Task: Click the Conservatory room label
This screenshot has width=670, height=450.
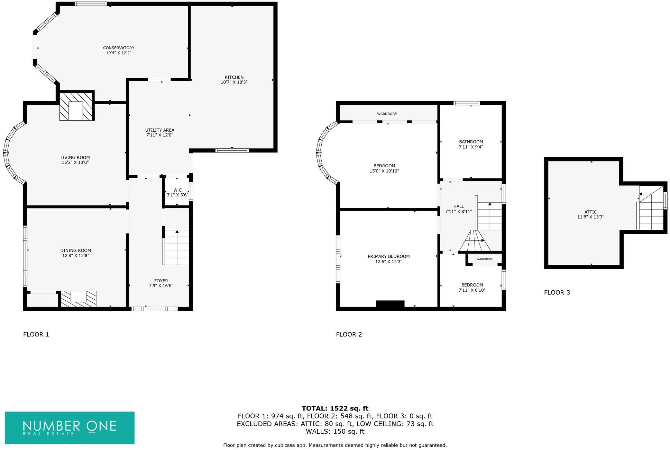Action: coord(118,48)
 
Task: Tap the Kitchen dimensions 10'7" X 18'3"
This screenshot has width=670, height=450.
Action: coord(234,82)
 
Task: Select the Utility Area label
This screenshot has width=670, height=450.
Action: coord(159,130)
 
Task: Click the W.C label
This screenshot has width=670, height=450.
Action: coord(177,190)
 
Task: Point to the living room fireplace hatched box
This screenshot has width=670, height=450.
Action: coord(76,106)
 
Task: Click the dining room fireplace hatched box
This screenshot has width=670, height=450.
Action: coord(79,299)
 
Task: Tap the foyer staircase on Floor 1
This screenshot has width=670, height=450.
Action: coord(176,247)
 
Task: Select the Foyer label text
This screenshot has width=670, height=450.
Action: coord(161,281)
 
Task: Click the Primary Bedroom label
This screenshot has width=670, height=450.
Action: coord(388,256)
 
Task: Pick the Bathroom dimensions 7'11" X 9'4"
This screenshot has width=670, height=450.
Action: coord(471,147)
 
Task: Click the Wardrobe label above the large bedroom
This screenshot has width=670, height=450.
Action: coord(387,114)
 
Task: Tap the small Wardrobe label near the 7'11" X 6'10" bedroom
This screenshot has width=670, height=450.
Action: coord(484,259)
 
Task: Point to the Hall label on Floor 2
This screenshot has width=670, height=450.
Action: coord(458,206)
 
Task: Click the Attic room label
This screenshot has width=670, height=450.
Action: coord(590,212)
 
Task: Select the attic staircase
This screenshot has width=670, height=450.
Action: coord(651,211)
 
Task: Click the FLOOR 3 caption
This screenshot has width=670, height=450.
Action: coord(557,292)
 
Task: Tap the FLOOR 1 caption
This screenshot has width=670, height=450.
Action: coord(36,334)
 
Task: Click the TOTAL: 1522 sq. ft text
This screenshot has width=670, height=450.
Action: coord(335,408)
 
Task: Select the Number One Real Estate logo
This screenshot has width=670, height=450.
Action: coord(70,427)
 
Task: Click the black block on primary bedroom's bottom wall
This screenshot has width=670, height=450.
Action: coord(390,304)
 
